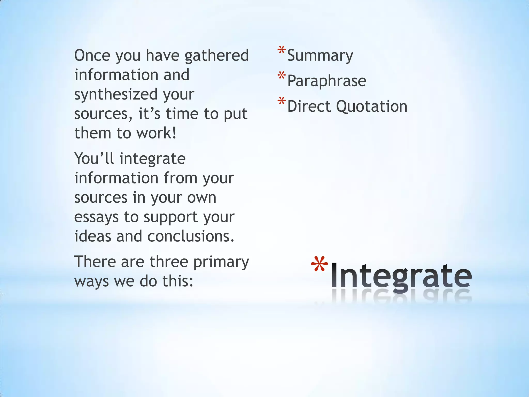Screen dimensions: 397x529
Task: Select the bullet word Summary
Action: pos(320,56)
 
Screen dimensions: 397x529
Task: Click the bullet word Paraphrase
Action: pos(327,81)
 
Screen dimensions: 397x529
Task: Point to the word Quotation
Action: pos(372,106)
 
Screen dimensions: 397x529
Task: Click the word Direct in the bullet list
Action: pos(309,106)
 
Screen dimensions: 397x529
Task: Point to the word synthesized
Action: pos(116,94)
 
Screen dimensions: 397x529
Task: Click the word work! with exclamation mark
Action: pos(156,133)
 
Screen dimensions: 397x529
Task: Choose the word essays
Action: pos(96,217)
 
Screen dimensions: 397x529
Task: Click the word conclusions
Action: pos(191,236)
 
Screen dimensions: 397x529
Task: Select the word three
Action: pos(169,262)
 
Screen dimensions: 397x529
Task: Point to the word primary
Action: pos(221,262)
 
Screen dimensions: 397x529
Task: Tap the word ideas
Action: pos(93,236)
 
